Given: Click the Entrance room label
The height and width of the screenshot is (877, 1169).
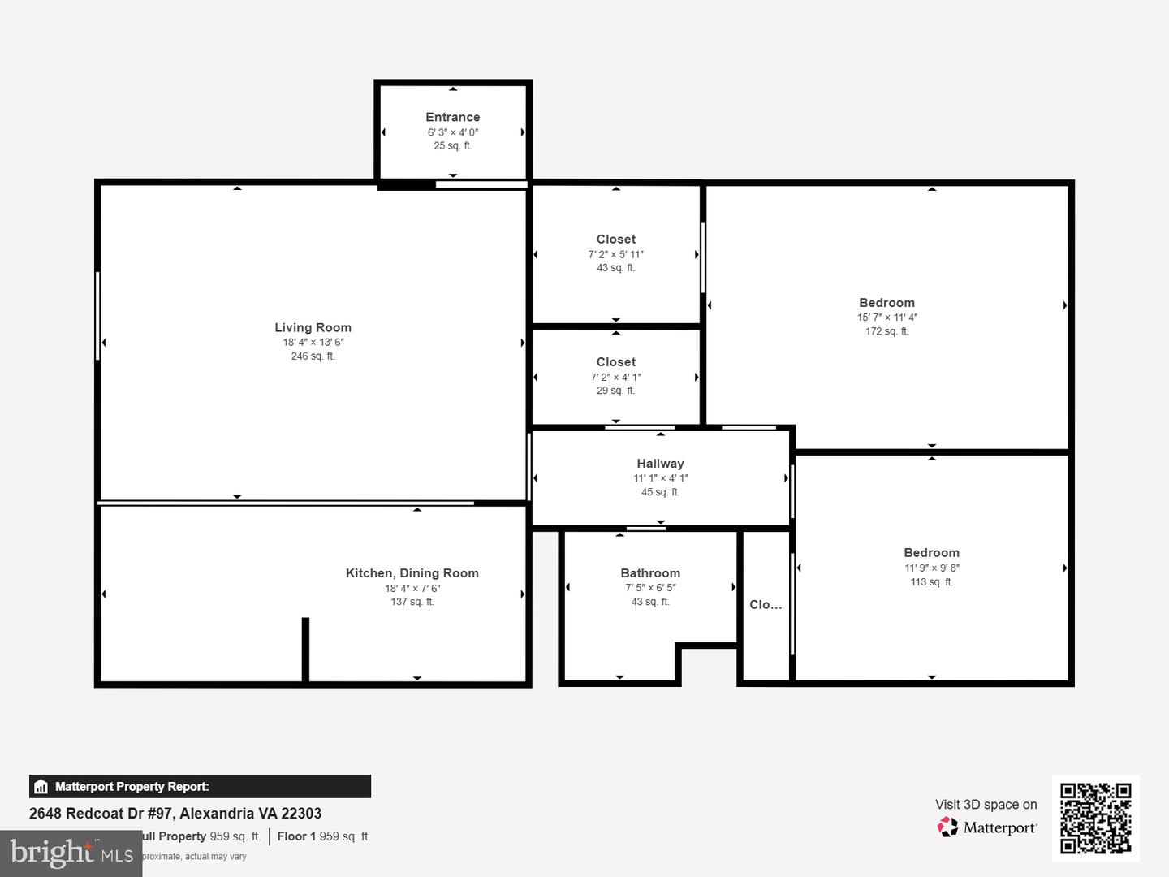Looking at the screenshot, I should [452, 117].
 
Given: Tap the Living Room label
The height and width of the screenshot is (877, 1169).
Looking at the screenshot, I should [313, 327].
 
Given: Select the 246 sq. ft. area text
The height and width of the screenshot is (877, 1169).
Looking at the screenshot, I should [313, 356].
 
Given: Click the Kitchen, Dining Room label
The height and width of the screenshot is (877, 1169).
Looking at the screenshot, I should [412, 573].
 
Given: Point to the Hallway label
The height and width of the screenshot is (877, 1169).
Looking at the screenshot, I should [660, 464].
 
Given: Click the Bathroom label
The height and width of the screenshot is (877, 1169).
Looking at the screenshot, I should [650, 573].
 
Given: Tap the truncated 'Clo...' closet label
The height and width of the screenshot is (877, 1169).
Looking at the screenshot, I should [766, 605].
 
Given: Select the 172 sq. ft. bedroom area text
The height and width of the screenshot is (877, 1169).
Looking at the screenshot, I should [886, 331].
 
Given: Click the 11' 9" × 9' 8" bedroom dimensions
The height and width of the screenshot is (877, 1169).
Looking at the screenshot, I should [931, 568].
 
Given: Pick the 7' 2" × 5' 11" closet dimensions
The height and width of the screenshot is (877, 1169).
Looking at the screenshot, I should [615, 254].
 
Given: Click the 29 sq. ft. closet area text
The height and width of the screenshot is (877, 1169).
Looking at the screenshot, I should [615, 391].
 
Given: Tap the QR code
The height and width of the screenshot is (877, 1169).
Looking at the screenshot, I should [1095, 818].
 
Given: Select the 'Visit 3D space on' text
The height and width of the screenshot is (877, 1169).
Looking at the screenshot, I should [986, 804].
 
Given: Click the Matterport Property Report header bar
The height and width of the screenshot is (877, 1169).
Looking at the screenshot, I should [200, 786].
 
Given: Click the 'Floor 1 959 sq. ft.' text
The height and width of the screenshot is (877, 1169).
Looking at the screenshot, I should [323, 836].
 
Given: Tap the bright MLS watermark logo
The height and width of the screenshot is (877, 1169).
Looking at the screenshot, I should [71, 853].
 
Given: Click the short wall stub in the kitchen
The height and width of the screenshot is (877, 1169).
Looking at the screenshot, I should [305, 649].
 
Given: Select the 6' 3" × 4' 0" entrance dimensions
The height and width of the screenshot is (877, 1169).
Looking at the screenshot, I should [452, 132].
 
